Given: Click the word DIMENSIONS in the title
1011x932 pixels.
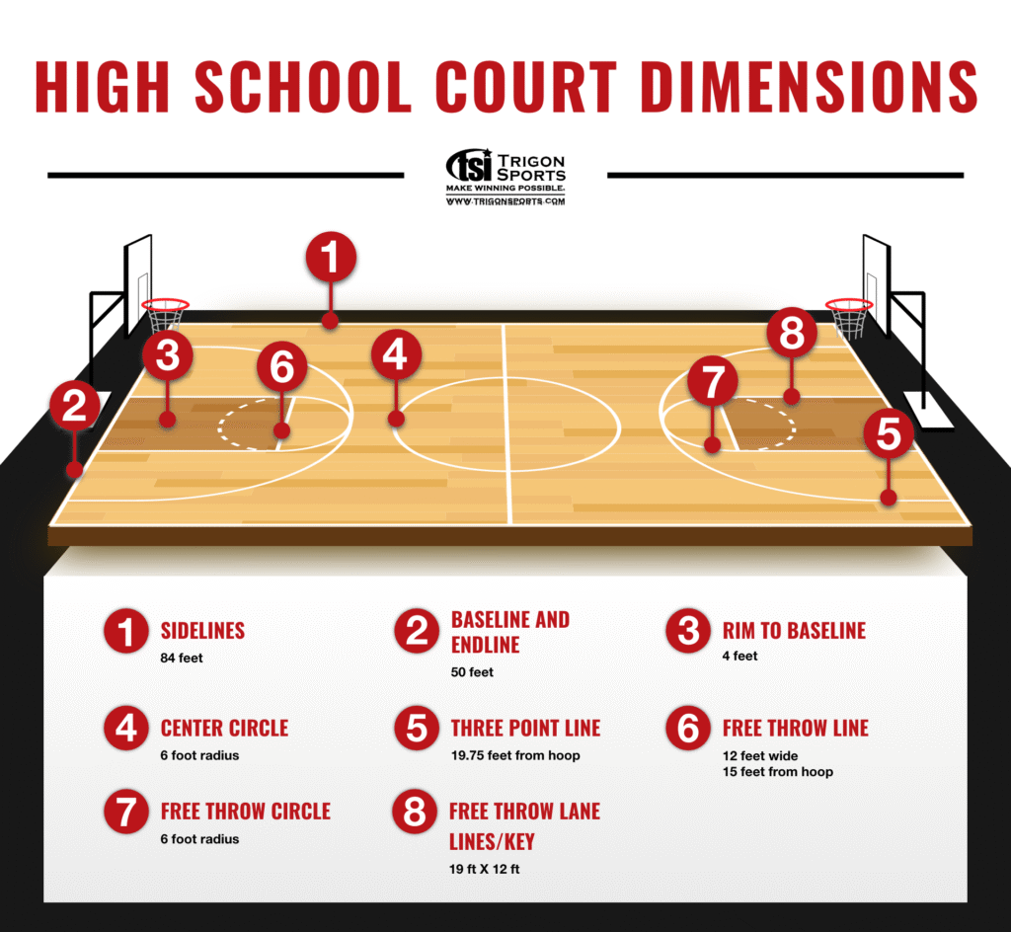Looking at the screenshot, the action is [810, 87].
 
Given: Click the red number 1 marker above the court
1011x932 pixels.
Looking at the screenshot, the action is [331, 257].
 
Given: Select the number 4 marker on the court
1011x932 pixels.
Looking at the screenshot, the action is [396, 354].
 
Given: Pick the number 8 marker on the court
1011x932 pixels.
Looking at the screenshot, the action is [792, 333].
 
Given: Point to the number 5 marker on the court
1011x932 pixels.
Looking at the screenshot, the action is [889, 432].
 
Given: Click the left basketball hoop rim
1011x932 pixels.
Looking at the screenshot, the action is [165, 304].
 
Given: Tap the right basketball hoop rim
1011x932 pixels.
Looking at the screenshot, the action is [849, 304].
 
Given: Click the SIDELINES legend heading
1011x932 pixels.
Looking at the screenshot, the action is [202, 630].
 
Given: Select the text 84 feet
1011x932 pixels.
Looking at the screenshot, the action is [182, 659].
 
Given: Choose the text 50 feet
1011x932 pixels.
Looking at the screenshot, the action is [472, 672].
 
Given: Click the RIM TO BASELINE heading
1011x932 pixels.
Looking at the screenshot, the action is [794, 630].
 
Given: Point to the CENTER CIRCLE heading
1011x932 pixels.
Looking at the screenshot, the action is [224, 728].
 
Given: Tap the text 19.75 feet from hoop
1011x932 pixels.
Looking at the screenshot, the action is [515, 755].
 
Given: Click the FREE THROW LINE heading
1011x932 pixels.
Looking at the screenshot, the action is [795, 728].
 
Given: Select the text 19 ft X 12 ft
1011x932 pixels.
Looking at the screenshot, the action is [484, 869].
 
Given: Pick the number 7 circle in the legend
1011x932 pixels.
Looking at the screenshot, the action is [126, 812].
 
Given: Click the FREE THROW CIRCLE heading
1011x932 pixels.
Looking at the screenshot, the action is [246, 811].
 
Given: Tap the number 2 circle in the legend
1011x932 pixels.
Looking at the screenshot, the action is [418, 631].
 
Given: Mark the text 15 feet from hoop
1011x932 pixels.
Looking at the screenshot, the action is [778, 771].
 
